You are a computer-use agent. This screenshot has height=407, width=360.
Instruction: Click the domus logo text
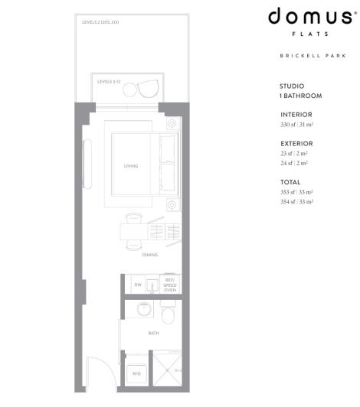(x=311, y=18)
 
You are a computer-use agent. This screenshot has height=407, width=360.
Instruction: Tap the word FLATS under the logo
(x=311, y=34)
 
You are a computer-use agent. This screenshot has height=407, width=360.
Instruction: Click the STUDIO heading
(x=292, y=86)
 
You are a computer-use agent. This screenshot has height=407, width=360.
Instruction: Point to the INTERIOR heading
(x=296, y=115)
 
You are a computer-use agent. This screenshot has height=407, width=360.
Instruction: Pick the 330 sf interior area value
(x=297, y=124)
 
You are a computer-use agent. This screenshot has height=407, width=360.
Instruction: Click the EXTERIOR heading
(x=297, y=144)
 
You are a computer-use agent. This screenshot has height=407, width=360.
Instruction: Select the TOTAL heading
(x=291, y=182)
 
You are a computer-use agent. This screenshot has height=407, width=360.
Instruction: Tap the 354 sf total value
(x=297, y=201)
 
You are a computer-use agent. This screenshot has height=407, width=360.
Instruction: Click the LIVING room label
(x=130, y=166)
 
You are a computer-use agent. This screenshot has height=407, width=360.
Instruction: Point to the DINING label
(x=149, y=256)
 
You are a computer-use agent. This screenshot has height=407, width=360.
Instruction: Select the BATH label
(x=152, y=334)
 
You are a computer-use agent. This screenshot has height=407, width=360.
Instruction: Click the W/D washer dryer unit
(x=136, y=373)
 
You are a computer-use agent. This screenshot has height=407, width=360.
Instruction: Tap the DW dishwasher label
(x=138, y=285)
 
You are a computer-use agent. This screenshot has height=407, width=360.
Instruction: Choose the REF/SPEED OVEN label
(x=170, y=284)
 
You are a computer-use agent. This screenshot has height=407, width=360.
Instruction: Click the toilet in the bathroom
(x=169, y=314)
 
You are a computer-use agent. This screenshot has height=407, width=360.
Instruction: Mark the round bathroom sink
(x=143, y=310)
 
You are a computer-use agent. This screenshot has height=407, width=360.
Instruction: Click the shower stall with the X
(x=166, y=371)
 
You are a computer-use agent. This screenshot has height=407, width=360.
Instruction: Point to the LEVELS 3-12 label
(x=109, y=81)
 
